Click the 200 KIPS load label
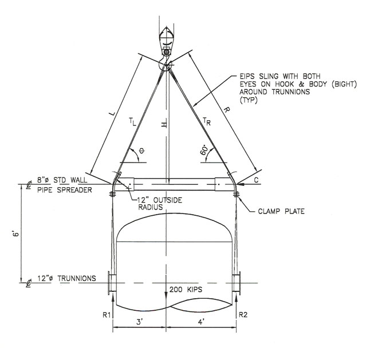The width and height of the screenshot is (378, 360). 186,290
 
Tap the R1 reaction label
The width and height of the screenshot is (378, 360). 107,315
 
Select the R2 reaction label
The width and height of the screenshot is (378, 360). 243,315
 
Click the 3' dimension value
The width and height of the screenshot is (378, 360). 140,322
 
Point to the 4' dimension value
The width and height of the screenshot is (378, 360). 201,322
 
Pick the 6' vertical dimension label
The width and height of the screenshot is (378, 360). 15,234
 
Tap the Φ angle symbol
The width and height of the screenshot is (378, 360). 142,151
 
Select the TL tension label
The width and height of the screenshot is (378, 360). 133,122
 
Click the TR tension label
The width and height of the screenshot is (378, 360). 207,121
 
